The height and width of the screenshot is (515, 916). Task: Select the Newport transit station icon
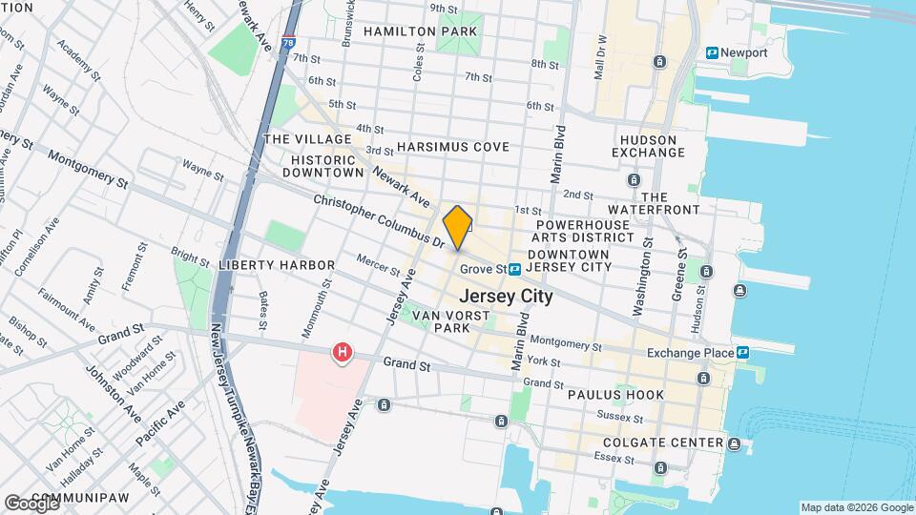tap(713, 52)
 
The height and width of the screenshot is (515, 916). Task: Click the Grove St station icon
tap(514, 270)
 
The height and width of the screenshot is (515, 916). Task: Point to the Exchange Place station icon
tap(742, 353)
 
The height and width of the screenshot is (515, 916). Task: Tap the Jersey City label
tap(507, 297)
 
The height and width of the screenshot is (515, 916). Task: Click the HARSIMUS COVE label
tap(452, 147)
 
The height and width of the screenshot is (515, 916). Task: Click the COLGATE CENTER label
tap(662, 443)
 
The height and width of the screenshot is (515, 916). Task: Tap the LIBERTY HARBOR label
tap(276, 264)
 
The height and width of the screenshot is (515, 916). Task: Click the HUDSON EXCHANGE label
tap(644, 146)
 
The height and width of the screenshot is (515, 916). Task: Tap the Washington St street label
tap(643, 277)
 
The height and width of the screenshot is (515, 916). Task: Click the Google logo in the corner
tap(31, 502)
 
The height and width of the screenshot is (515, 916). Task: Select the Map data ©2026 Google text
tap(856, 507)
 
